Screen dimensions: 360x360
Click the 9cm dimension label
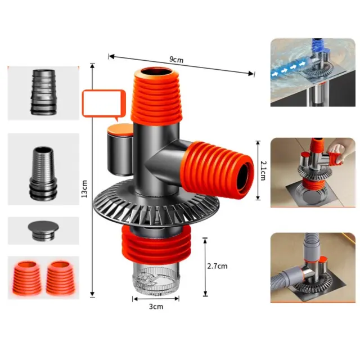pos(176,60)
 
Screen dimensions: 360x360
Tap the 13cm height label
pos(84,189)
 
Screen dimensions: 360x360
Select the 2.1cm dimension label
pos(263,170)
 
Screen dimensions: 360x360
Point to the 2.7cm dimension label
pos(217,266)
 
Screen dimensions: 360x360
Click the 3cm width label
pos(156,307)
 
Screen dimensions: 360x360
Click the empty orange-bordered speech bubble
pos(104,103)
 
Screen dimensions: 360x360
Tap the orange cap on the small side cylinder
pos(120,129)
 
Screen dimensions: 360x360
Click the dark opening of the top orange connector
pos(156,71)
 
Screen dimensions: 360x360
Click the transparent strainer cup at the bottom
pos(156,278)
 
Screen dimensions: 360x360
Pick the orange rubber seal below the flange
pos(156,245)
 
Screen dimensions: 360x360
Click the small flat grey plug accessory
pos(43,230)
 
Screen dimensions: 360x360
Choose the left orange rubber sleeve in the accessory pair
pos(27,278)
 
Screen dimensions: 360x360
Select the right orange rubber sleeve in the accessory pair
pos(61,278)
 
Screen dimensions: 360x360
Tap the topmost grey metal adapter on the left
pos(44,92)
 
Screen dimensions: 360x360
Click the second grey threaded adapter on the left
pos(43,173)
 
